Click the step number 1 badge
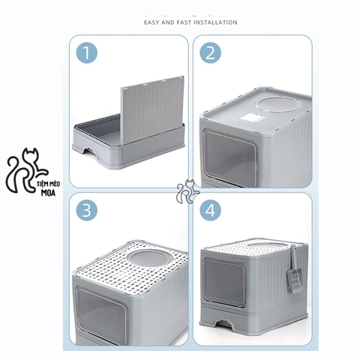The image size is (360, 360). [88, 54]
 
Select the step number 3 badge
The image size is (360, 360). [88, 212]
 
